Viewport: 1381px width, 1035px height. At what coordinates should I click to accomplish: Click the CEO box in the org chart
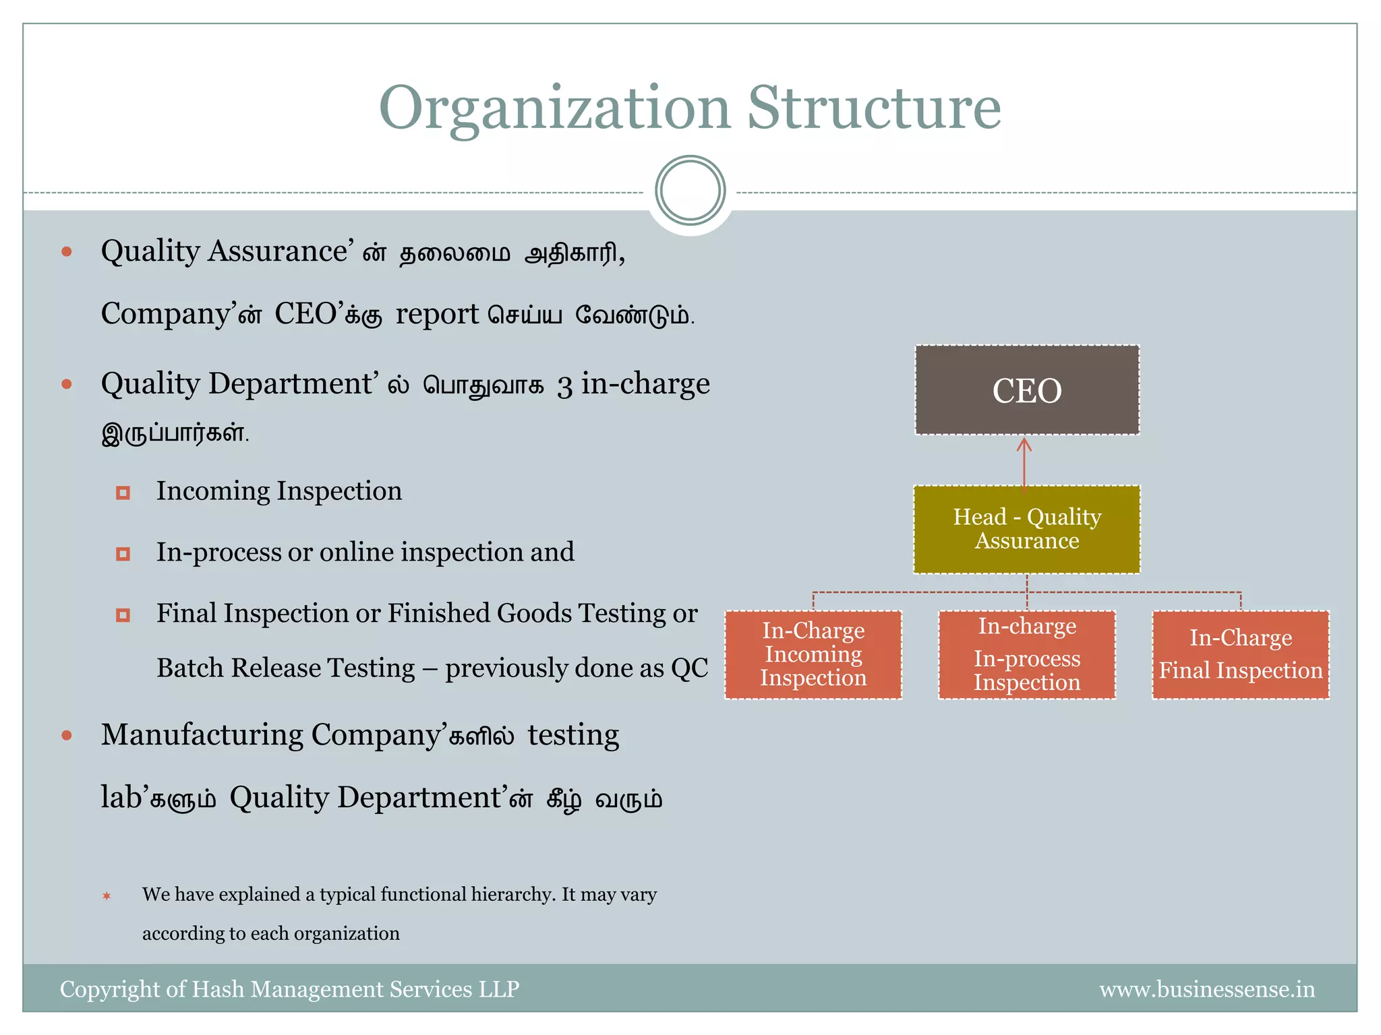[1026, 390]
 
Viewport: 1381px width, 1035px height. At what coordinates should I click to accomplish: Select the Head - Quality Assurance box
[1026, 529]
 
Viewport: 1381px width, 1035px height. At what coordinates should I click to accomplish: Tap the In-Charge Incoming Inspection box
[813, 654]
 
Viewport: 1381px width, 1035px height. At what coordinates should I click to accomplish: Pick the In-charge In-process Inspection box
[1026, 654]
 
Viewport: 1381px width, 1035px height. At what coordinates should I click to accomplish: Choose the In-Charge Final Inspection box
[1240, 654]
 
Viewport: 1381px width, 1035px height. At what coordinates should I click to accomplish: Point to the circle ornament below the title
[690, 190]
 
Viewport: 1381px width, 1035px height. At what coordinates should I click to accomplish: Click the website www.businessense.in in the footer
[1206, 989]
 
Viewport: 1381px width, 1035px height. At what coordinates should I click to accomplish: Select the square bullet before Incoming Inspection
[123, 493]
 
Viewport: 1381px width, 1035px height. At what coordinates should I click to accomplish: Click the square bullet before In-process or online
[123, 554]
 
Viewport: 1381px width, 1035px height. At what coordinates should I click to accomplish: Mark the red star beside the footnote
[107, 896]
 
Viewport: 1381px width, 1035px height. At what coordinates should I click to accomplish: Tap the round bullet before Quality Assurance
[67, 252]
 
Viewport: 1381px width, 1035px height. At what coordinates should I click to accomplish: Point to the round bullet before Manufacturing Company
[67, 735]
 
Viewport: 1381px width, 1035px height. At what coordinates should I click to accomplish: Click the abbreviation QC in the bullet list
[689, 668]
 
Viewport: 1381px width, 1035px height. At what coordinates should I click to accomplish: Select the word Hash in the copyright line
[218, 989]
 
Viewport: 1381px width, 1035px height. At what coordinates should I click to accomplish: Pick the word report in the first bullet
[437, 314]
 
